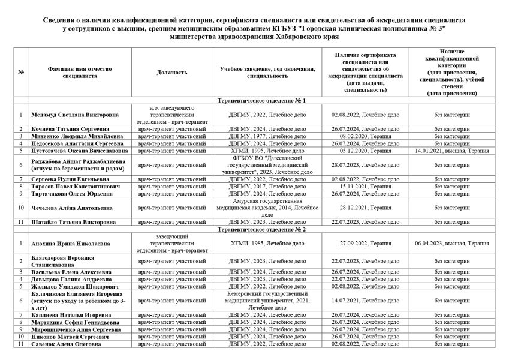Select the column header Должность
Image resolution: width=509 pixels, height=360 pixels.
tap(172, 72)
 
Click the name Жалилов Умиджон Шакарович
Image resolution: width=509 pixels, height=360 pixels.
tap(71, 286)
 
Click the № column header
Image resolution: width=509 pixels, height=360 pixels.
tap(21, 72)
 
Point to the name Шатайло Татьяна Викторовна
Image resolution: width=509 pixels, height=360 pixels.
tap(70, 222)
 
